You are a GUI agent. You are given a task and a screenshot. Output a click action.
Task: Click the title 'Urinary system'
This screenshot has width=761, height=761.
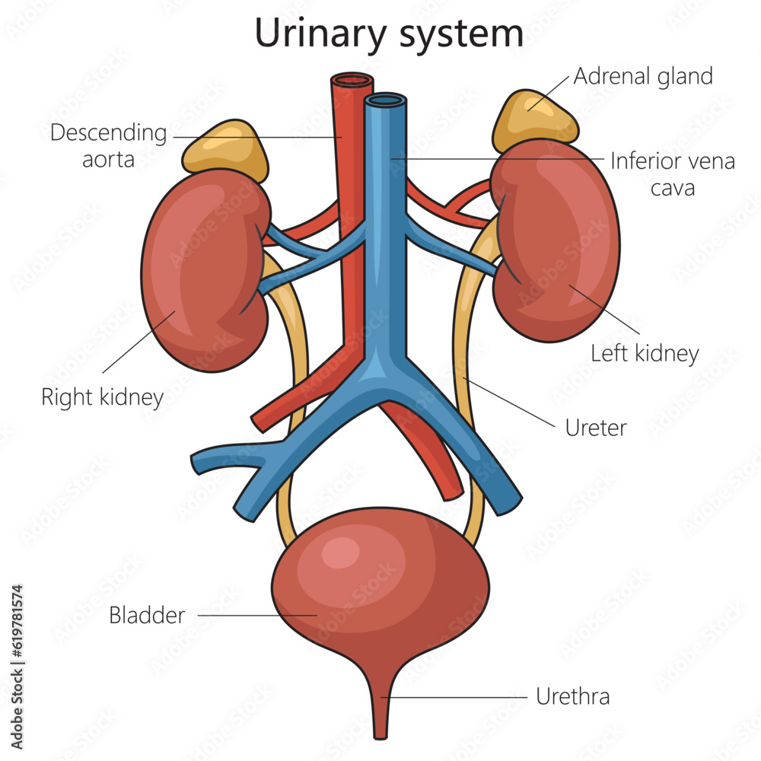point(389,34)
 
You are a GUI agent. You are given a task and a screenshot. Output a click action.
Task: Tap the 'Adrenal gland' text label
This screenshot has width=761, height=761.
point(643,76)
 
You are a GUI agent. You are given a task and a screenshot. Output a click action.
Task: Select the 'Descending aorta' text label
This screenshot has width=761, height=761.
point(108,145)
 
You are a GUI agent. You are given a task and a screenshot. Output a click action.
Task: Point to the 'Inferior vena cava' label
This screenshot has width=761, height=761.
point(673,174)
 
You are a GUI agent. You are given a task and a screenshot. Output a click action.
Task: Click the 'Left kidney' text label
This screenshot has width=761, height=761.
point(645,353)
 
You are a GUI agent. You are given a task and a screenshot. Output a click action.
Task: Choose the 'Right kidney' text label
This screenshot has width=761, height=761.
point(102,396)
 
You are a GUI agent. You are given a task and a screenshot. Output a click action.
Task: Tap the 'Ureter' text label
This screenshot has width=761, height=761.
point(596,428)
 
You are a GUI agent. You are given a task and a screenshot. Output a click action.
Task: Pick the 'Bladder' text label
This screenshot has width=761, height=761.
point(147,615)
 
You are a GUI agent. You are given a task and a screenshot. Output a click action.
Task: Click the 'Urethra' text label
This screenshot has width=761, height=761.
point(572,696)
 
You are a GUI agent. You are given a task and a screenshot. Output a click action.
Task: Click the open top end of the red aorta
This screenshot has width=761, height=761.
point(352,80)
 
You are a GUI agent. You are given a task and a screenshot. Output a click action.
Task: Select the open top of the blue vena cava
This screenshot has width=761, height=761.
point(386,100)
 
